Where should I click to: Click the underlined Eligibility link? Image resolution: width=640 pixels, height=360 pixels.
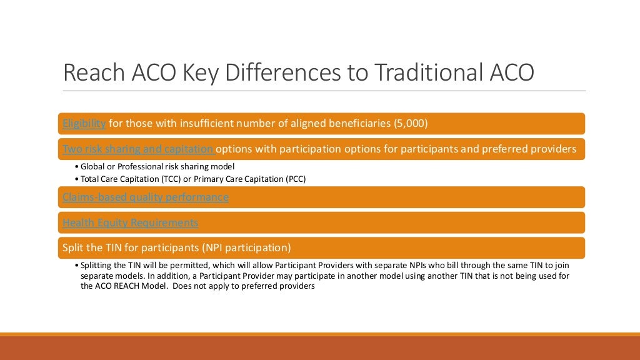pos(84,123)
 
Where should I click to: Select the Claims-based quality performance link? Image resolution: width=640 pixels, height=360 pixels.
pos(145,197)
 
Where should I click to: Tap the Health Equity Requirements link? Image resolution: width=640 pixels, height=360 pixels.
pos(130,222)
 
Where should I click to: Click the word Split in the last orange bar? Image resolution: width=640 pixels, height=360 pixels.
pos(74,247)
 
